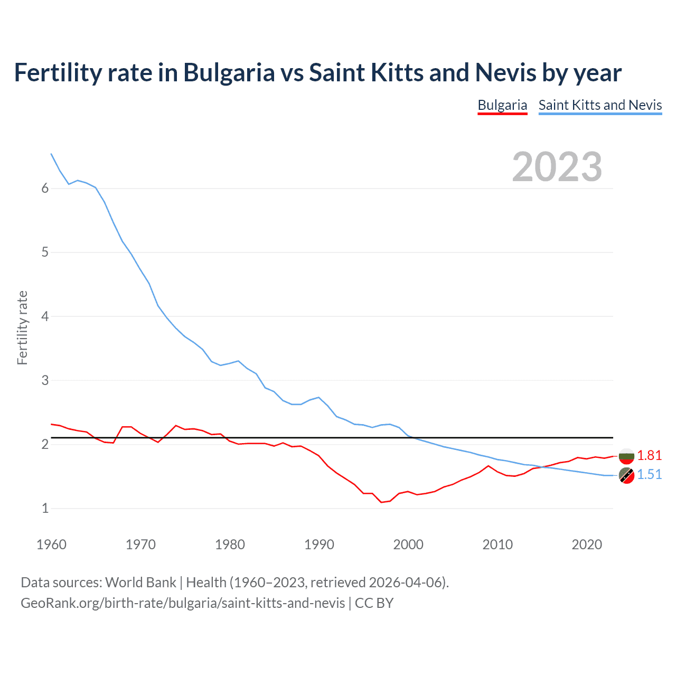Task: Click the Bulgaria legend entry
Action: [x=502, y=105]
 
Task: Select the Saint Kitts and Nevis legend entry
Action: [x=600, y=105]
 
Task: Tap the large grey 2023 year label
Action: [x=557, y=167]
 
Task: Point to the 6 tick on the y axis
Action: [x=45, y=189]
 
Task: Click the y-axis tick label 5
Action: [x=45, y=252]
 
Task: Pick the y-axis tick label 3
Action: [x=45, y=380]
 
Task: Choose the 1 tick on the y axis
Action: [x=45, y=509]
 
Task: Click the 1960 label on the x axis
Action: [x=51, y=544]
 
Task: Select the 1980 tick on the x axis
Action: [x=230, y=544]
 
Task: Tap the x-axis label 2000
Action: [x=408, y=544]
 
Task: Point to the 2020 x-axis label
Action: [x=587, y=544]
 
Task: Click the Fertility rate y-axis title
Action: [x=22, y=327]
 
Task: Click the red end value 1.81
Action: [x=649, y=455]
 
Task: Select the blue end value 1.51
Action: [x=649, y=474]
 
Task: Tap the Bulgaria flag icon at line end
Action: [x=626, y=456]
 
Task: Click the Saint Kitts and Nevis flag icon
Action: [x=626, y=475]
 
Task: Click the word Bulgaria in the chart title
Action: [x=229, y=72]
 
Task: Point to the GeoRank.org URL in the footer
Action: [x=183, y=603]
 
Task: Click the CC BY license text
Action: [x=374, y=603]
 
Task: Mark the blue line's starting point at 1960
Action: [x=51, y=154]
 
